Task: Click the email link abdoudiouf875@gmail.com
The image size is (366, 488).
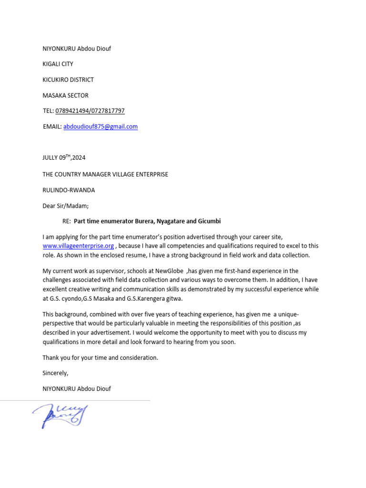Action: [x=101, y=127]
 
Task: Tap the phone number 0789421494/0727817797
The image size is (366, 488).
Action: [x=90, y=111]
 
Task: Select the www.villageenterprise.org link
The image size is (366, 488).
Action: [x=78, y=246]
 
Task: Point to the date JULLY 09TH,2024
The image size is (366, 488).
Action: [x=64, y=158]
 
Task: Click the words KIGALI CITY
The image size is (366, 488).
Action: [x=58, y=64]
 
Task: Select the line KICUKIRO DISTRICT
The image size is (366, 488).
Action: [x=68, y=80]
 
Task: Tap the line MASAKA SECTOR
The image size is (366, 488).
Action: [x=65, y=95]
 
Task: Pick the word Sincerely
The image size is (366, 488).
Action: [x=55, y=373]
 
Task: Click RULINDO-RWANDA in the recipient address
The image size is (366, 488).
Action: [x=69, y=190]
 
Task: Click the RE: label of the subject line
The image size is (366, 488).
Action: [x=67, y=222]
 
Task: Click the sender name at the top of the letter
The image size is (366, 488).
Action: [x=77, y=49]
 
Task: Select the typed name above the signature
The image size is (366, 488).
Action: [x=77, y=389]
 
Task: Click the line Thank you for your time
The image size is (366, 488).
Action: [x=100, y=357]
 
